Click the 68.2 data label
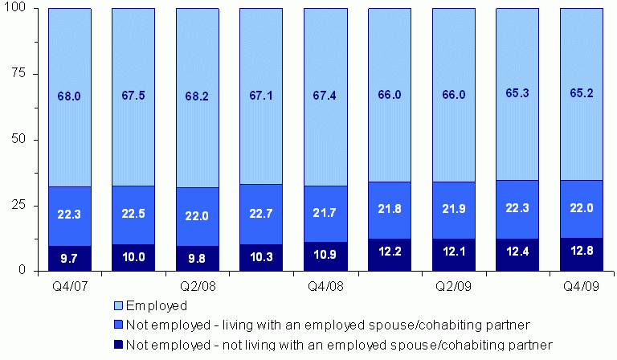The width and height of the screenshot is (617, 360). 197,96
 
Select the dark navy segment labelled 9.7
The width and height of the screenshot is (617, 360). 69,258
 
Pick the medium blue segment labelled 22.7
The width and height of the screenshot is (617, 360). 261,214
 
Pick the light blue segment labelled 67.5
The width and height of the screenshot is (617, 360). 133,96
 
